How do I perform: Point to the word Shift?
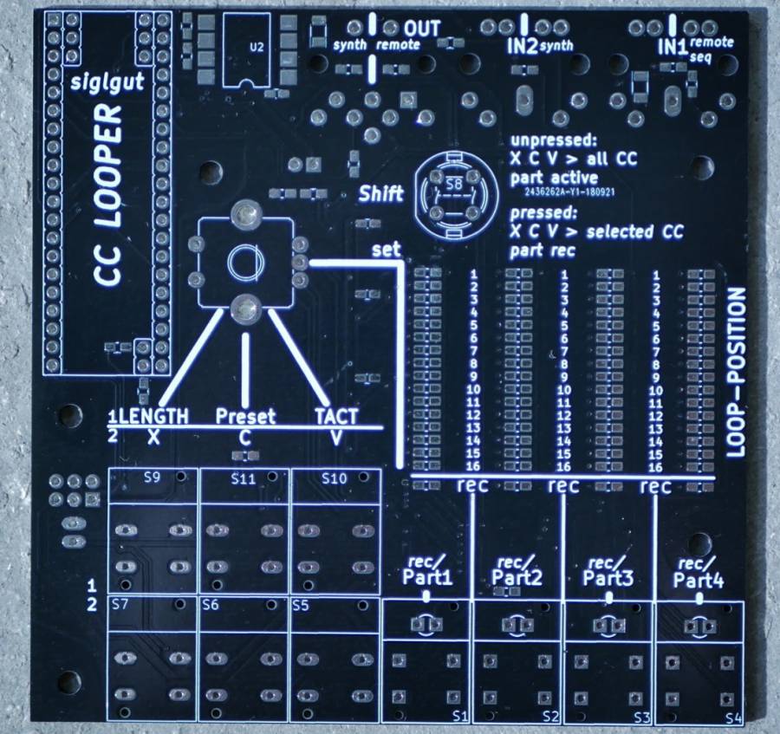(x=381, y=193)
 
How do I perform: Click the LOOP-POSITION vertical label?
(x=736, y=373)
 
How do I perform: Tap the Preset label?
(x=245, y=416)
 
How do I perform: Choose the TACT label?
(x=335, y=416)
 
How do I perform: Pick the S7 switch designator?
(x=120, y=606)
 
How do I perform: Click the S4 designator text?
(x=733, y=718)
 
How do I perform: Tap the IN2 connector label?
(x=521, y=45)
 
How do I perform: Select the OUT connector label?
(x=422, y=29)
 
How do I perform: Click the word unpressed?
(x=554, y=141)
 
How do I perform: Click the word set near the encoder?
(x=386, y=250)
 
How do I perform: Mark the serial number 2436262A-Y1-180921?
(x=569, y=192)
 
